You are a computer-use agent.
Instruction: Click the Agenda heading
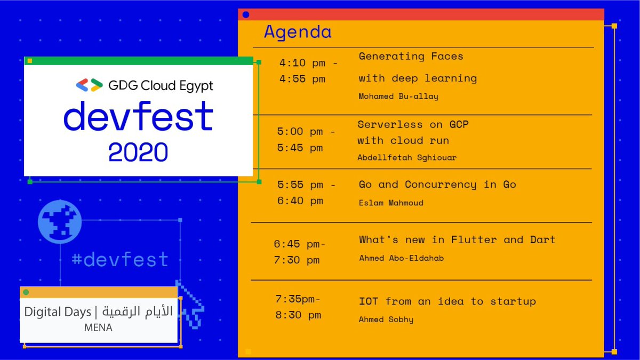(x=298, y=32)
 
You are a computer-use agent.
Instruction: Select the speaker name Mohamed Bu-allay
(x=399, y=97)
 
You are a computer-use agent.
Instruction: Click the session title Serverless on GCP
(x=413, y=124)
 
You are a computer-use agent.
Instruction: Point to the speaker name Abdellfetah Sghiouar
(x=407, y=157)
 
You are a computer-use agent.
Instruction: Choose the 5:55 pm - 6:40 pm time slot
(x=306, y=193)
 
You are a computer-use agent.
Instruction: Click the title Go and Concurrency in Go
(x=437, y=185)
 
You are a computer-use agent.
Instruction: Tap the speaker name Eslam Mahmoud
(x=391, y=203)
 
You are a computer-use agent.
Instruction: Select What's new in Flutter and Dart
(x=457, y=239)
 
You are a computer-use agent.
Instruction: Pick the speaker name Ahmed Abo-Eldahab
(x=401, y=258)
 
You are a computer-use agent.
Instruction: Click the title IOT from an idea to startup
(x=447, y=301)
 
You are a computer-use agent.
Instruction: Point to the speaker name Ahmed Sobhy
(x=386, y=319)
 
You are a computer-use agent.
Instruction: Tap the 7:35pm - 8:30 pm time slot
(x=298, y=307)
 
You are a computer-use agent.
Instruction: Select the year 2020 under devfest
(x=138, y=151)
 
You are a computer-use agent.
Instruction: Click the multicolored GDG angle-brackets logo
(x=89, y=85)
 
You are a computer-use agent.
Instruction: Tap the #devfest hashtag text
(x=120, y=260)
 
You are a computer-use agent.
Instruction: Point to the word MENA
(x=98, y=327)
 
